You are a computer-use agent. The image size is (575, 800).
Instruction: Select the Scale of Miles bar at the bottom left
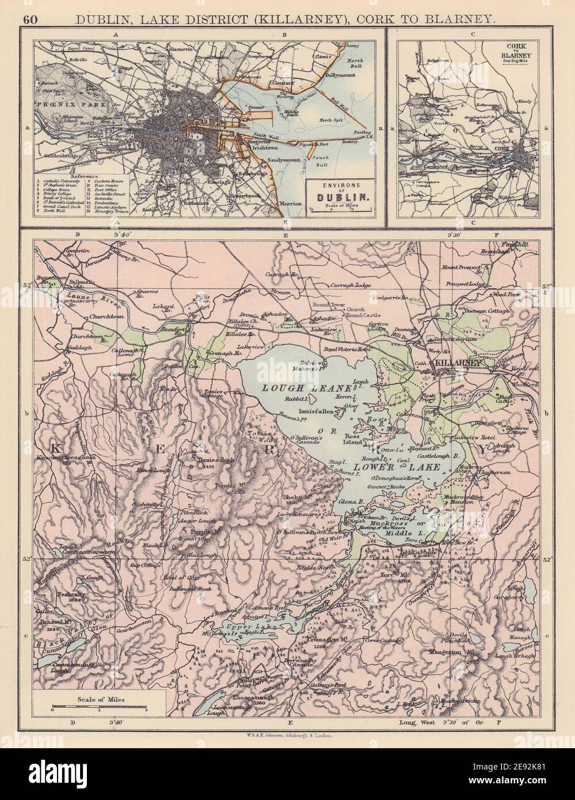click(x=98, y=705)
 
